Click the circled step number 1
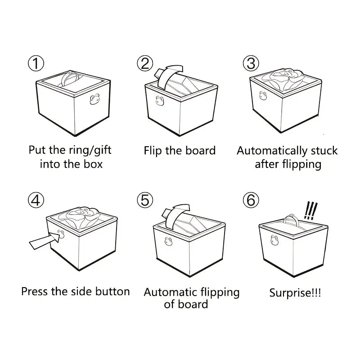point(36,63)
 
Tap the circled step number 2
point(144,63)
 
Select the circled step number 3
point(251,63)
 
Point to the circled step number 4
point(36,200)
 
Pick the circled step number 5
point(144,200)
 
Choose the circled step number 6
point(251,200)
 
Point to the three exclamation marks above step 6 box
point(310,210)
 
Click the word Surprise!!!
point(295,293)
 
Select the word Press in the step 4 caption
point(35,291)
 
